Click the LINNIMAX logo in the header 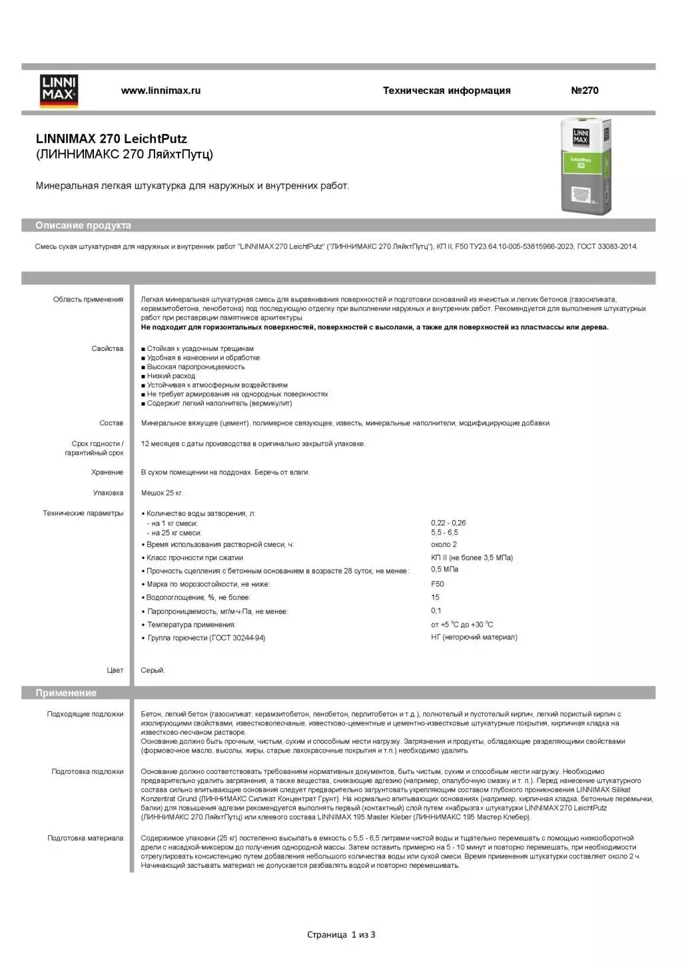pos(59,91)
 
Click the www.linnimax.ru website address pos(161,91)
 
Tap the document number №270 pos(584,91)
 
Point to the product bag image pos(585,167)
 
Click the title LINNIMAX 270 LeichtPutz pos(111,139)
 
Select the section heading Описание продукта pos(83,226)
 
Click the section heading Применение pos(66,693)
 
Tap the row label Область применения pos(88,300)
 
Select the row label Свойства pos(107,349)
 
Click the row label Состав pos(111,423)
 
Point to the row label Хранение pos(107,472)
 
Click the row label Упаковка pos(108,493)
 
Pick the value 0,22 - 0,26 pos(448,523)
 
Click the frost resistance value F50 pos(438,584)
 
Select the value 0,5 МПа pos(445,569)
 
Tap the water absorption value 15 pos(436,597)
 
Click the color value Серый pos(153,670)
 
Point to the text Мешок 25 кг pos(162,493)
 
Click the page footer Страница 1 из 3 pos(341,935)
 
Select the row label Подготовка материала pos(85,838)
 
